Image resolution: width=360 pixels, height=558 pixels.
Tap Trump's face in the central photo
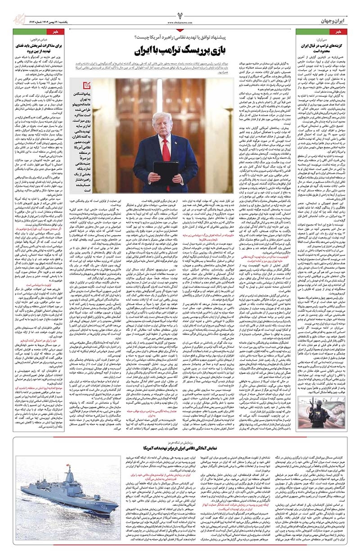pos(162,121)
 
